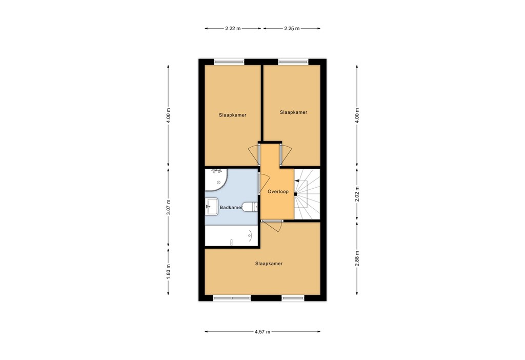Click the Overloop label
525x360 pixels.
click(278, 192)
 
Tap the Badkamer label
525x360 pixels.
click(231, 208)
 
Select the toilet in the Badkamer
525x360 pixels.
click(249, 207)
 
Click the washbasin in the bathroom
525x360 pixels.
click(212, 207)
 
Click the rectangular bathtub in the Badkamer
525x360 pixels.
click(231, 236)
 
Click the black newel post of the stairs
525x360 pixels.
click(296, 194)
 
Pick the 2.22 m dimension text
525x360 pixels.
click(233, 28)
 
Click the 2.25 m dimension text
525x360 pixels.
click(292, 28)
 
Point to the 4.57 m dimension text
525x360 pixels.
click(262, 332)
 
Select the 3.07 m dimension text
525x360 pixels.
click(169, 207)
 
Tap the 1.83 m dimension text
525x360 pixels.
click(169, 270)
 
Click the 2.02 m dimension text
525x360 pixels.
click(357, 194)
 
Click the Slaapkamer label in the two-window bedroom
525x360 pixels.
click(269, 264)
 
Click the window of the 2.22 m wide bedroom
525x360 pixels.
click(229, 62)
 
